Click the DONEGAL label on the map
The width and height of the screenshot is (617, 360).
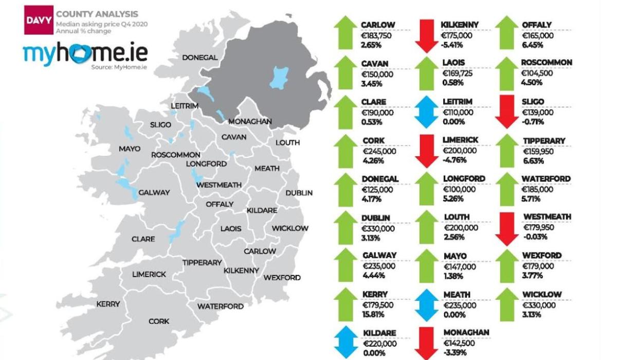coord(199,58)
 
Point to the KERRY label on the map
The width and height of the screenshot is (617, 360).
coord(108,304)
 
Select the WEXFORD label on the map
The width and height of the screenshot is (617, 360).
coord(282,278)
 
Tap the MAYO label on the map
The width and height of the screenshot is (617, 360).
coord(129,149)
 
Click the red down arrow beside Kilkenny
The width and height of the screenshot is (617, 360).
coord(426,35)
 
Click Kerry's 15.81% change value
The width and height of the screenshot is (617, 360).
coord(373,314)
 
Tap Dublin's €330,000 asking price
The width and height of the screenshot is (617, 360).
coord(379,228)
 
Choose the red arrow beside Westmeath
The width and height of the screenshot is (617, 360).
coord(506,228)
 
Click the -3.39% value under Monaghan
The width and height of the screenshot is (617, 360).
coord(455,352)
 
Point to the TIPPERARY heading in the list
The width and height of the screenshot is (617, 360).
coord(544,140)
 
